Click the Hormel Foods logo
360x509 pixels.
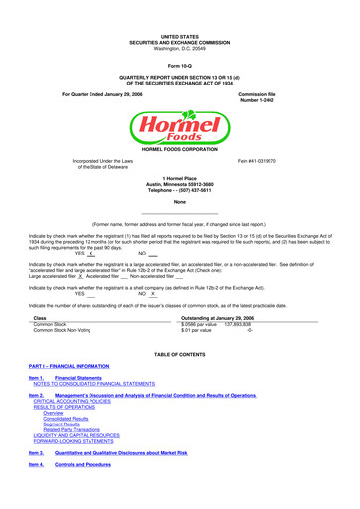[179, 127]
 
